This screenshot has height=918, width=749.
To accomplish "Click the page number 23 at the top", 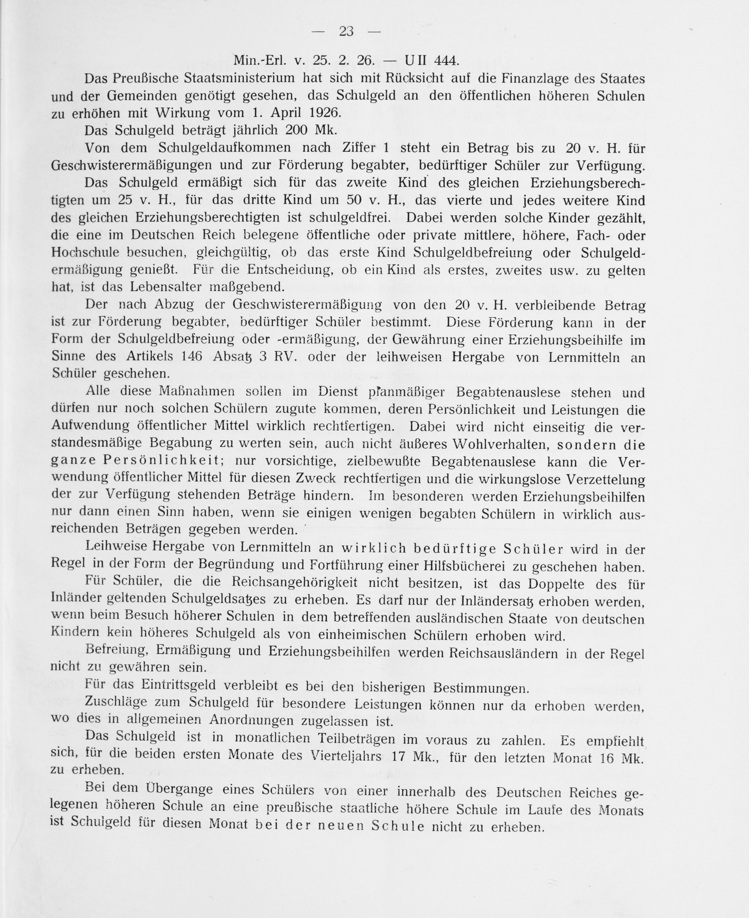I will click(x=346, y=32).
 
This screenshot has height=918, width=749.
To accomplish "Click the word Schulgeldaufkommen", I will click(x=224, y=148).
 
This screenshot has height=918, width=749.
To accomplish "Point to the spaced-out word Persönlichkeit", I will click(x=162, y=461).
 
